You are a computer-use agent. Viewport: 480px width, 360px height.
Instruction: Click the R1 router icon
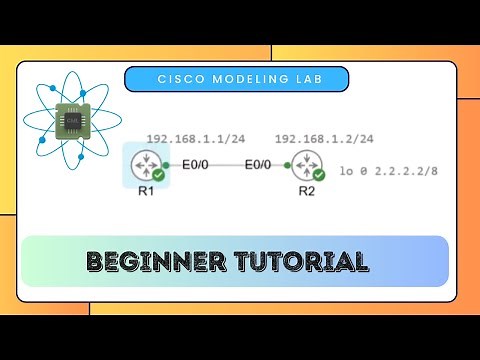[x=143, y=164]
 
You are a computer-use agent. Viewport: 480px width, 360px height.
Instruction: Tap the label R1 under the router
[x=143, y=192]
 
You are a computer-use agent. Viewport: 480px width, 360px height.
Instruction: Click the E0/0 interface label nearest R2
[x=258, y=164]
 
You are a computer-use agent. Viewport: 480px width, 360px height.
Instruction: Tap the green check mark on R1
[x=158, y=174]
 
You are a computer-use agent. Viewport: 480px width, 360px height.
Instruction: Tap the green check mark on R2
[x=315, y=175]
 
